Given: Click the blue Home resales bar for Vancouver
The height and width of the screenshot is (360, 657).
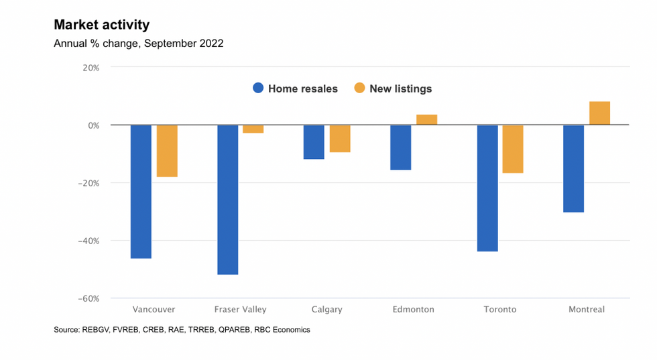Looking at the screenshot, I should [141, 191].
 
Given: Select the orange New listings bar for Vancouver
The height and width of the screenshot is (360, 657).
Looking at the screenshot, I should [167, 151].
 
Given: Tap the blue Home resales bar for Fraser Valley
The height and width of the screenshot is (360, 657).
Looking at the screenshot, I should [227, 199].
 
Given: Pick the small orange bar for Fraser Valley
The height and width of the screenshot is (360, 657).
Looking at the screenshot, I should [253, 129].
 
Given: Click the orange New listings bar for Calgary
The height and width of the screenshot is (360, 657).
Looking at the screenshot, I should [339, 139].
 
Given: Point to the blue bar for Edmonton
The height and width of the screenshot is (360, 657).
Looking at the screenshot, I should [400, 147].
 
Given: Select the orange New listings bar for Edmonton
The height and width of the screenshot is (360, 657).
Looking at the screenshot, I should [426, 120].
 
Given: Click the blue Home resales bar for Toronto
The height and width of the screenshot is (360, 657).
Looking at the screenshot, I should [487, 188].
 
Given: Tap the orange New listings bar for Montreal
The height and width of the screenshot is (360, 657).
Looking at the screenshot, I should [599, 113].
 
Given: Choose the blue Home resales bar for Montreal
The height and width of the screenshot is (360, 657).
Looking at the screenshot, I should [573, 168].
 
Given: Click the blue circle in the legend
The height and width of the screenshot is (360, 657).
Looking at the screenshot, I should [258, 88].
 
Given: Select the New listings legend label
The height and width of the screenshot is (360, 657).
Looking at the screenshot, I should [400, 88].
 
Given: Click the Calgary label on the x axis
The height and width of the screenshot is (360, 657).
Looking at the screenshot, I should [326, 310].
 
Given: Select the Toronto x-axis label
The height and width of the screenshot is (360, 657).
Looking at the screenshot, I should [499, 310].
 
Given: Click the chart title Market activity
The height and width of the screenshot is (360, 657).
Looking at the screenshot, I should [101, 25].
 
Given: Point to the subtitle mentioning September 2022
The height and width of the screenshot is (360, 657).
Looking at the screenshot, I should [138, 44].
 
